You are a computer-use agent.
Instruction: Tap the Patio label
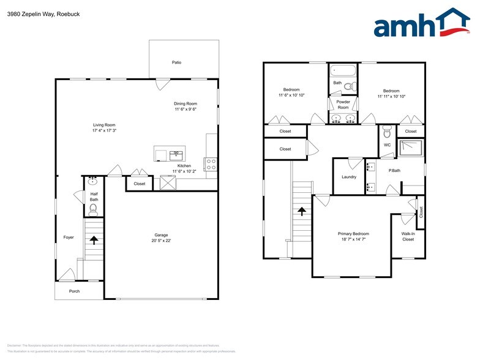click(x=176, y=62)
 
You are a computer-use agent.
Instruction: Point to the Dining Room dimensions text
click(x=186, y=110)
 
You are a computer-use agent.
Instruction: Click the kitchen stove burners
click(x=210, y=164)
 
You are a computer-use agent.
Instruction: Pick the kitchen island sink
click(x=177, y=154)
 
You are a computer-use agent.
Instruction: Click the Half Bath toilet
click(x=93, y=210)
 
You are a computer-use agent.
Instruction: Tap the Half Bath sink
click(x=93, y=181)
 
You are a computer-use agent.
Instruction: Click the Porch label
click(x=74, y=291)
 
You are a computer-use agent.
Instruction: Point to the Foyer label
click(x=68, y=238)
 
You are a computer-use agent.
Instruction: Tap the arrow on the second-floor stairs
click(x=301, y=211)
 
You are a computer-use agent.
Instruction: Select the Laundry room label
click(x=349, y=177)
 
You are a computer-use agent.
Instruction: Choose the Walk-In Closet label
click(x=408, y=236)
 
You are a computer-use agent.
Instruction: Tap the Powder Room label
click(x=343, y=104)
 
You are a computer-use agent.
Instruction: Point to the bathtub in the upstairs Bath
click(x=343, y=70)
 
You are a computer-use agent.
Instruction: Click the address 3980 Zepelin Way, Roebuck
click(x=43, y=13)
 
